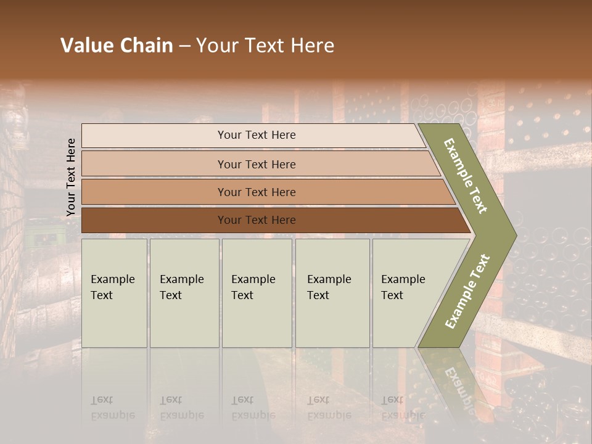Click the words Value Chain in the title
coord(117,46)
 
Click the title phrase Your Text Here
coord(265,46)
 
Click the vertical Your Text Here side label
coord(72,177)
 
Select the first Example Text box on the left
coord(114,293)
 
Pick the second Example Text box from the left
coord(184,293)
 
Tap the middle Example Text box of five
coord(257,293)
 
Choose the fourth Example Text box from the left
coord(332,293)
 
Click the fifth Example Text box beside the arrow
coord(407,293)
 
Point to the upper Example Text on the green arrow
coord(466,176)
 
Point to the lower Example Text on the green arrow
coord(467,291)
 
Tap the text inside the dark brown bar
coord(257,220)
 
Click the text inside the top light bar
coord(257,135)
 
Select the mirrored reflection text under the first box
coord(112,408)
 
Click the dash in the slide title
coord(184,46)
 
